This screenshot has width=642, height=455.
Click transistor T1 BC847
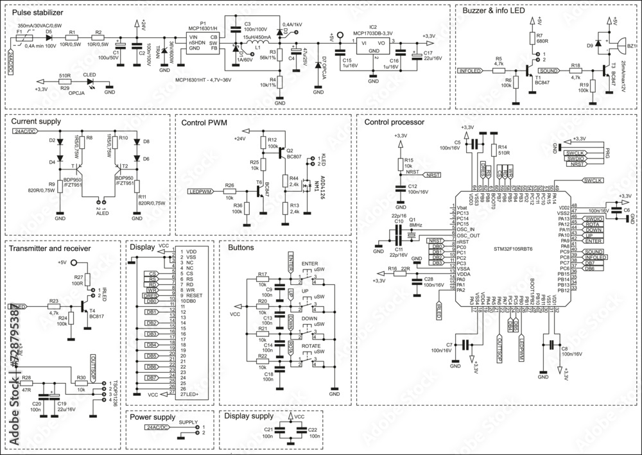[x=529, y=71]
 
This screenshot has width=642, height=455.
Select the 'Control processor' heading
[x=394, y=121]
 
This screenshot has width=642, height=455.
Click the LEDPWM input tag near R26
[x=200, y=191]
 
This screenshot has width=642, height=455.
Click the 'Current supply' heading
[x=36, y=121]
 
